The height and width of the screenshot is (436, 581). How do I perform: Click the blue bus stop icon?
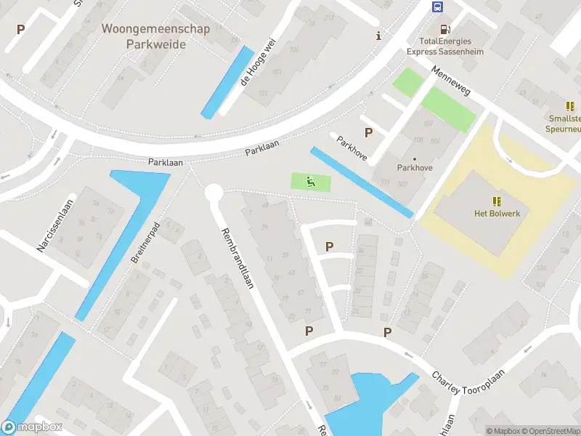click(438, 7)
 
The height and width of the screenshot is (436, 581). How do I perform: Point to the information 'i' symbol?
click(378, 36)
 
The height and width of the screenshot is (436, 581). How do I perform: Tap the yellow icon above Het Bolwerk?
click(496, 201)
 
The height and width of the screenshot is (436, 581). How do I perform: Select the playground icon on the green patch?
click(311, 182)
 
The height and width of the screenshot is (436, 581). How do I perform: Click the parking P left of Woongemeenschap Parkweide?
click(20, 30)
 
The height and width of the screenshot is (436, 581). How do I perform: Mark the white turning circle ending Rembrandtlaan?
click(214, 193)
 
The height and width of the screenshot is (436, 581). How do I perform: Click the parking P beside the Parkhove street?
click(369, 133)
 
